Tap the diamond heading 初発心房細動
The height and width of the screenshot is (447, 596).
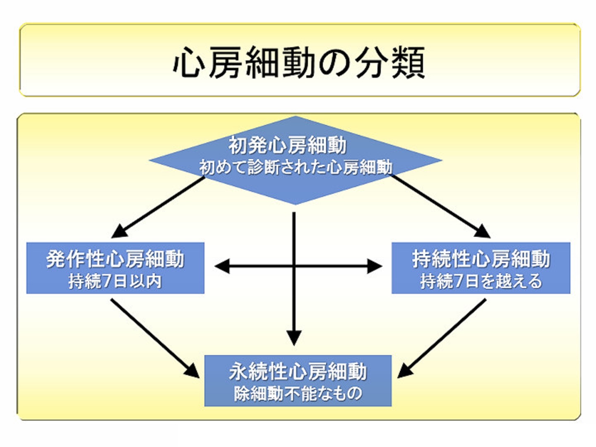(288, 145)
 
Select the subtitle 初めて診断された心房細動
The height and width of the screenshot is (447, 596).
(296, 167)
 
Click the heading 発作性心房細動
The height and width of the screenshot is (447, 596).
(115, 259)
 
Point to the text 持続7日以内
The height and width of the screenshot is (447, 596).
(115, 281)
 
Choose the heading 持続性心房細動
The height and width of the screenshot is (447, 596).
(481, 259)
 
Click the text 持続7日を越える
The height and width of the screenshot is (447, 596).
(481, 281)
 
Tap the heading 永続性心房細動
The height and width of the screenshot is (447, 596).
(298, 371)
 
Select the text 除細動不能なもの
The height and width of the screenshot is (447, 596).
(298, 393)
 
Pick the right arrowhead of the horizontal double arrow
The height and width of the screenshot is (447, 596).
(375, 267)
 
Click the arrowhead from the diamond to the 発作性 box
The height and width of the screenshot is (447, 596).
(119, 232)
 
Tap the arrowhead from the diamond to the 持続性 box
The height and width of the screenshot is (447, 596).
(483, 232)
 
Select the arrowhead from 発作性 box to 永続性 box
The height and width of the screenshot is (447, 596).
(192, 371)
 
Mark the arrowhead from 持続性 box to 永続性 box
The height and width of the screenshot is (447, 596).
(404, 371)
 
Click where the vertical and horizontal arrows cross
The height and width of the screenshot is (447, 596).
(294, 267)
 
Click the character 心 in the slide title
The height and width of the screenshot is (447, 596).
(189, 63)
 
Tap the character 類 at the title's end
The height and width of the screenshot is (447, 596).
(408, 63)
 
